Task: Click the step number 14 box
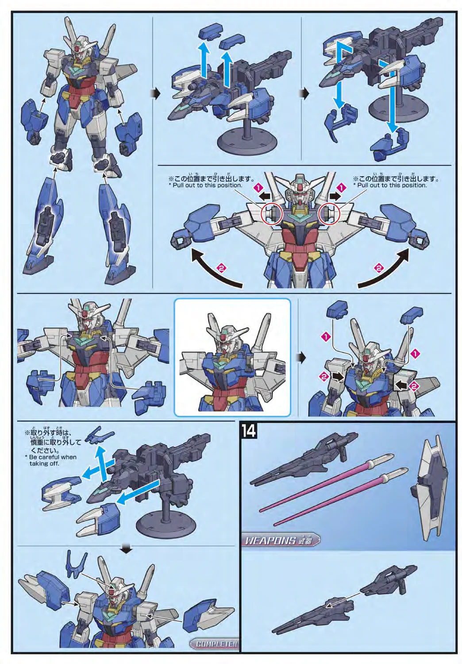[249, 431]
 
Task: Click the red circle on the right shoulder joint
[329, 213]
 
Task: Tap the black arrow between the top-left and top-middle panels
[157, 94]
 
